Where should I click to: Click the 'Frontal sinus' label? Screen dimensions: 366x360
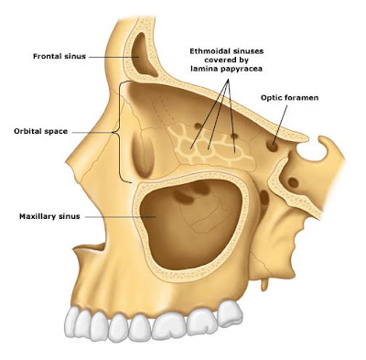coord(59,57)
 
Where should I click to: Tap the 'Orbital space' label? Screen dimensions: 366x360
coord(40,132)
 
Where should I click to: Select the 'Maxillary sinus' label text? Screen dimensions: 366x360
coord(49,216)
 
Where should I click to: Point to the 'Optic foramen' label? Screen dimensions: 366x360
coord(289,98)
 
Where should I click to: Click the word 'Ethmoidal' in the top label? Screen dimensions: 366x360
coord(209,50)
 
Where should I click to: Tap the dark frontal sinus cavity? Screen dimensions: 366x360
coord(144,55)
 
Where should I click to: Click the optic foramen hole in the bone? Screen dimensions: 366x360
coord(272,146)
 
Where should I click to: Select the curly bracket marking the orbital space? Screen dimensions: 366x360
coord(120,132)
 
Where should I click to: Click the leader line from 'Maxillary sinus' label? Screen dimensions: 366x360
coord(121,217)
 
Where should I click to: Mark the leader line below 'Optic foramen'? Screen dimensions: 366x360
coord(280,125)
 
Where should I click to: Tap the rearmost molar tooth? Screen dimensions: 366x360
coord(231,313)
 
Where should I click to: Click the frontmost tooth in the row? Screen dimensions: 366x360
coord(71,323)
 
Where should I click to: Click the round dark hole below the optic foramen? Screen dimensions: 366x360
coord(293,182)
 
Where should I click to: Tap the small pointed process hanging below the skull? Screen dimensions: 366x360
coord(264,283)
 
